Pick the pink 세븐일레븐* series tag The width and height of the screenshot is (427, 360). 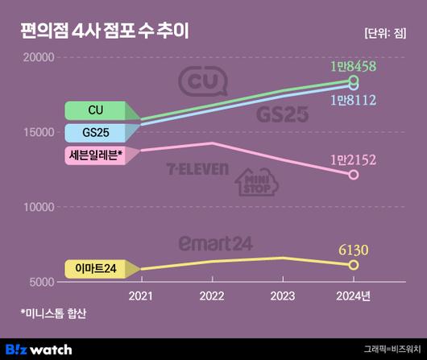[x=95, y=155]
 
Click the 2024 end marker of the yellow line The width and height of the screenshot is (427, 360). [x=353, y=265]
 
